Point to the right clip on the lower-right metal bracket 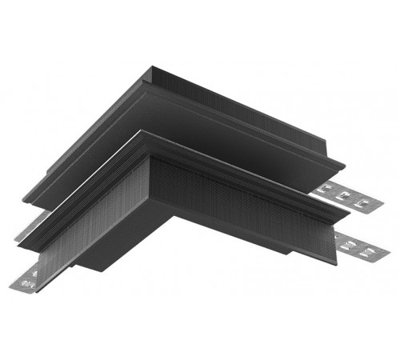click(x=370, y=251)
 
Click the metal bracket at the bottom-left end click(x=28, y=278)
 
